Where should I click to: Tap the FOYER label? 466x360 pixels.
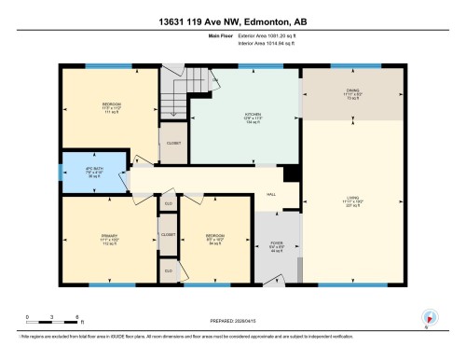(277, 244)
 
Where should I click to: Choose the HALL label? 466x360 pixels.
(271, 195)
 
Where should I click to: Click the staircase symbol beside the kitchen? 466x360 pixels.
(173, 94)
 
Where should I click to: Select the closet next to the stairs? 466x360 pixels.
(173, 144)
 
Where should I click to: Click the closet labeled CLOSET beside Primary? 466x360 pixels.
(169, 235)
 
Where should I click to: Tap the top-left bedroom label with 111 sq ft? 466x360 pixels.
(98, 108)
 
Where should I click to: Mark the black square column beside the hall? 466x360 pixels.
(291, 173)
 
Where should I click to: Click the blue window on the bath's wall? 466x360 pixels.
(61, 172)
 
